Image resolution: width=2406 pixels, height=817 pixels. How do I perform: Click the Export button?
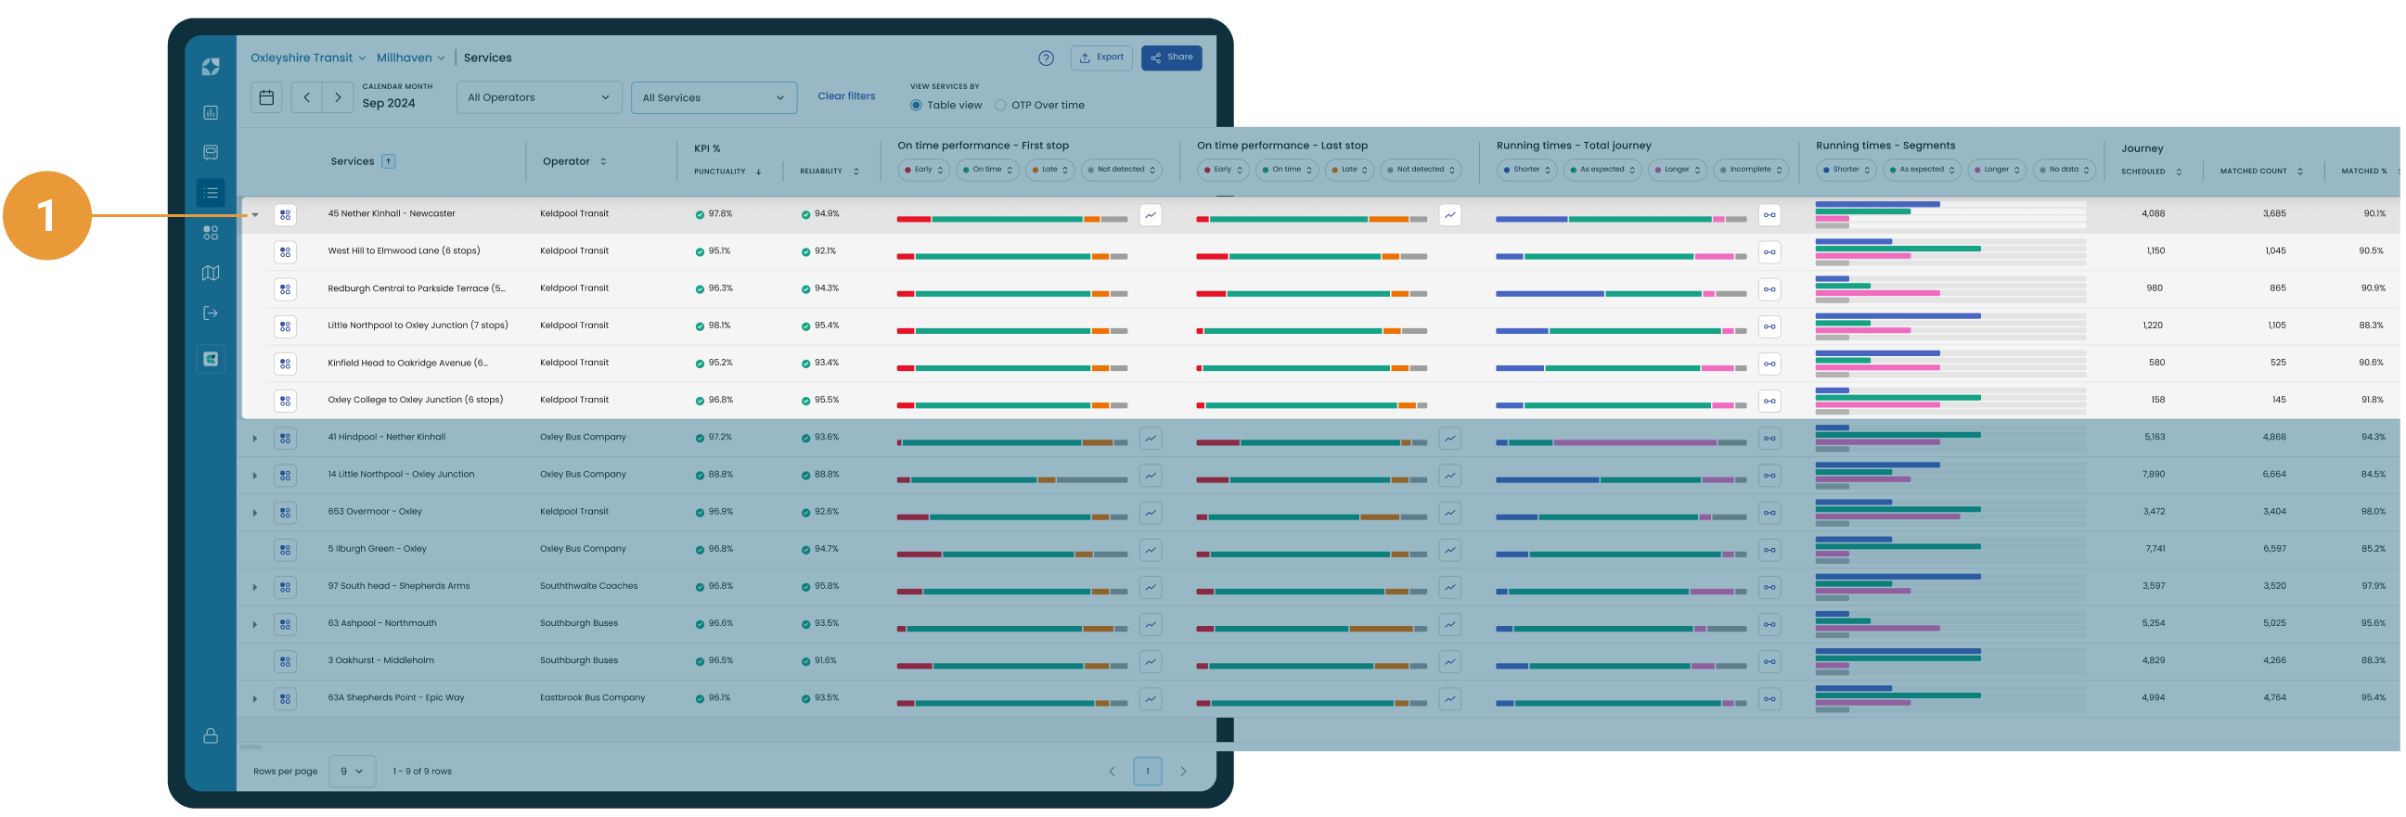pos(1101,57)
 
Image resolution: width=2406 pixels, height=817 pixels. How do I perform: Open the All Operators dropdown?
pos(538,97)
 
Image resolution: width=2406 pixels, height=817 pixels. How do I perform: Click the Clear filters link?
pos(846,96)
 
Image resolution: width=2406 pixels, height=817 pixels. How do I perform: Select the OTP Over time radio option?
pos(1000,106)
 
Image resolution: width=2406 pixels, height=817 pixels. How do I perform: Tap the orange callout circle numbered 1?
pos(46,216)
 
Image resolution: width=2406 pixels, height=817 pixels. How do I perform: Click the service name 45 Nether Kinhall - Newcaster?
pos(392,214)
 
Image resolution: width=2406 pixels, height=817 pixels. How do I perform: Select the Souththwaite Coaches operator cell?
pos(588,586)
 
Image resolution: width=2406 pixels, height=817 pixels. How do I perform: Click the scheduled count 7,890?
pos(2153,474)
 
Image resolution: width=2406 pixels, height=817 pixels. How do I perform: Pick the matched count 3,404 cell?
pos(2274,512)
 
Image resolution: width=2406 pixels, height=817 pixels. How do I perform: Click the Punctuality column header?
pos(720,172)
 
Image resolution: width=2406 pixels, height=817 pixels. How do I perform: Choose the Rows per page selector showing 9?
pos(352,772)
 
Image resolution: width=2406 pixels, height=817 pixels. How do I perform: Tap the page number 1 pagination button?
pos(1147,772)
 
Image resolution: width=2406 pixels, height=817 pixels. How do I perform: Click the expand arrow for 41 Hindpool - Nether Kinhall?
pos(254,438)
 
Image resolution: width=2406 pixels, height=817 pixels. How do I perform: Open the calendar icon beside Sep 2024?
pos(266,97)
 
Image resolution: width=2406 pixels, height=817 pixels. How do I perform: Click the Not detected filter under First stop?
pos(1121,170)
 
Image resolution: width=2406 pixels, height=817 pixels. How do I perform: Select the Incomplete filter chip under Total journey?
pos(1750,170)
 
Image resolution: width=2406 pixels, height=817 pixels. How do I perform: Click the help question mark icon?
pos(1046,57)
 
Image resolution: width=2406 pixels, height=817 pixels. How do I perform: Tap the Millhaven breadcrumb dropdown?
pos(410,57)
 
